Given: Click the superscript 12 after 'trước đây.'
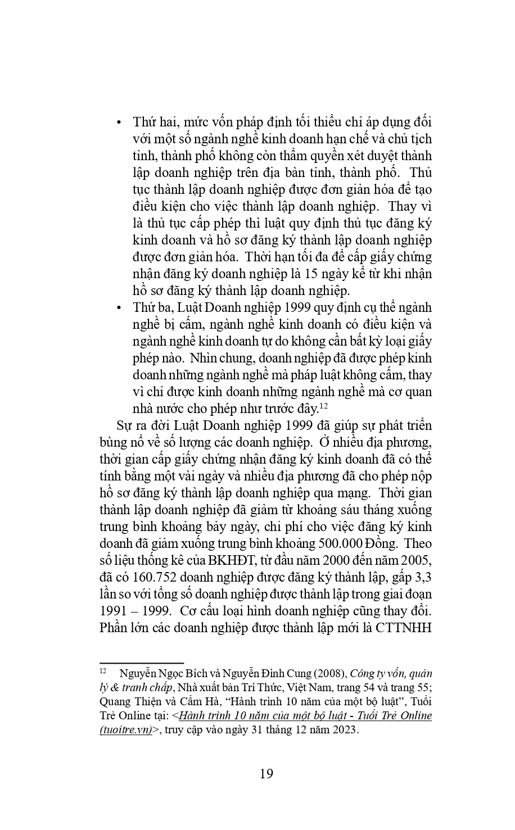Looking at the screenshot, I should pyautogui.click(x=324, y=405).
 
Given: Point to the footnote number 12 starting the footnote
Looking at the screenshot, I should pyautogui.click(x=103, y=671).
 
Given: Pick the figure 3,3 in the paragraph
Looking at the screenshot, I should pyautogui.click(x=422, y=577).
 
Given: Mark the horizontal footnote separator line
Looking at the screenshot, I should pyautogui.click(x=142, y=663).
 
